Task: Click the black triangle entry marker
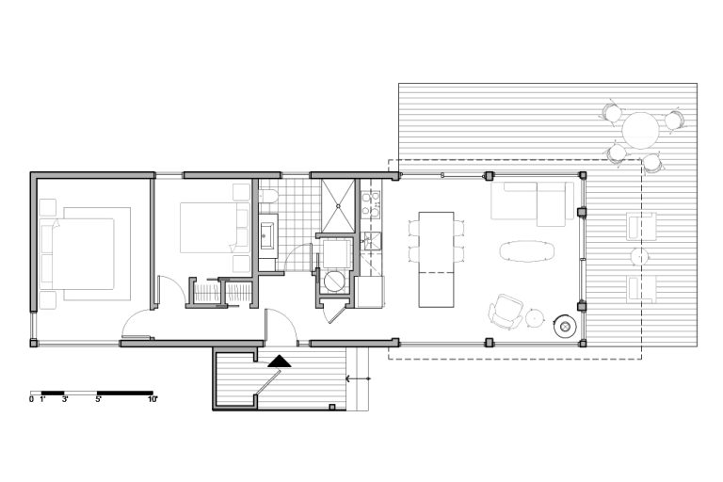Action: pos(279,361)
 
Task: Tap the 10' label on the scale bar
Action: pos(153,399)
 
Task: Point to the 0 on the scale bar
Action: pos(31,399)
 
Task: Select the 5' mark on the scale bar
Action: pos(98,399)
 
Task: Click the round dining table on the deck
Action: pos(640,130)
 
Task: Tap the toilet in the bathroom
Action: pos(267,197)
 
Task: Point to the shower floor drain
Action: pos(339,206)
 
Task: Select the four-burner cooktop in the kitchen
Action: pos(371,204)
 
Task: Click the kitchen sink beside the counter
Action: pos(371,241)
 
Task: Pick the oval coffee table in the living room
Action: pos(526,251)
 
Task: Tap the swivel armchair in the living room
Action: pos(505,312)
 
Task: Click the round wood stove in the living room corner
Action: pos(565,327)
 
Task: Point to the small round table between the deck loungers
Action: pos(639,257)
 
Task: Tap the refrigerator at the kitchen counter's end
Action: pos(369,292)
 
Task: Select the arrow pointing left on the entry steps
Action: pos(359,378)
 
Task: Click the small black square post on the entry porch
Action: pos(331,407)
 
